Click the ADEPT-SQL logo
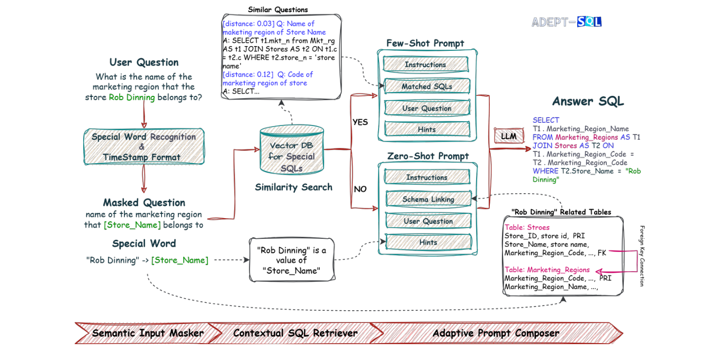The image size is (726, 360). [x=566, y=22]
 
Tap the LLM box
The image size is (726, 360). [x=508, y=136]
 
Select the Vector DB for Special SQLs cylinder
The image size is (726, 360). [x=292, y=151]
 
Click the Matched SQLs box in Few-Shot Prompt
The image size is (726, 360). [x=426, y=86]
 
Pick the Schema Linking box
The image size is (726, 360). [x=428, y=199]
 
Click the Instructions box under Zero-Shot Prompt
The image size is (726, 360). [x=426, y=177]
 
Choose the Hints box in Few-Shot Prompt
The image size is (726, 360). [x=426, y=129]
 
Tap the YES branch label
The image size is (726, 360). [x=360, y=122]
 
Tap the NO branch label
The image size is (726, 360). [x=360, y=189]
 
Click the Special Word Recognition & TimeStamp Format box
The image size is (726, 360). [x=144, y=147]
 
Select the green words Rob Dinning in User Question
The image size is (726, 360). [x=132, y=97]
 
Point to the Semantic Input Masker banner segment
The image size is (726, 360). [x=147, y=333]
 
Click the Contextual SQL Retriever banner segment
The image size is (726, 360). [x=295, y=333]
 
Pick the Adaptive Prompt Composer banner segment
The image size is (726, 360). [x=495, y=333]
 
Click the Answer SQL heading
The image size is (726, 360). [x=587, y=102]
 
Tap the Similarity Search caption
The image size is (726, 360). [x=293, y=187]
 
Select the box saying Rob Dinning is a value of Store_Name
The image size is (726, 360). [x=291, y=260]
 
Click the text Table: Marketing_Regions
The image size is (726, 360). [x=547, y=269]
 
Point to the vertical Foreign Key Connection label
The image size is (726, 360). [x=642, y=256]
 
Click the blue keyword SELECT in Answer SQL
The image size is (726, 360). [x=545, y=120]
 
